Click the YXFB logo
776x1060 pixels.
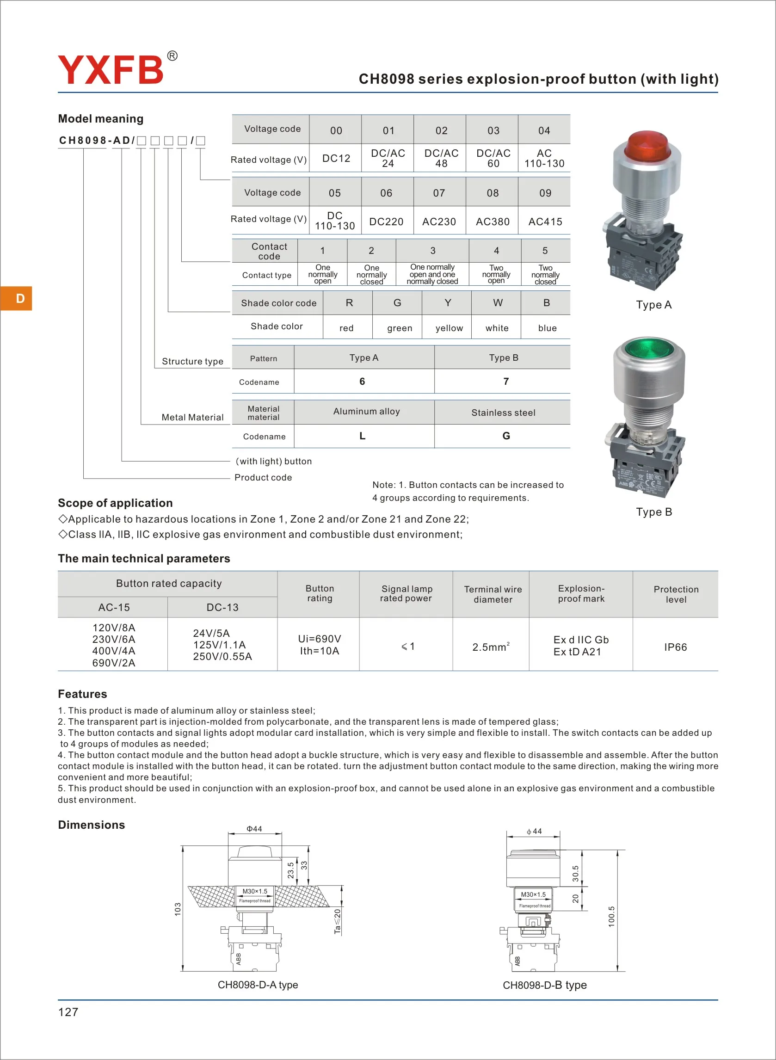111,70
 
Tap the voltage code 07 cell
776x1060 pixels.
439,193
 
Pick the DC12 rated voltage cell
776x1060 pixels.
336,158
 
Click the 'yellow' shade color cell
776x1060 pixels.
449,328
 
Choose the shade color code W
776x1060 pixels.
498,303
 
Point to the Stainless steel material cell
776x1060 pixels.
503,413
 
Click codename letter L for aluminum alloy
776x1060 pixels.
362,436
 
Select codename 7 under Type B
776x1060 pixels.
506,382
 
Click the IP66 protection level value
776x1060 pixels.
675,647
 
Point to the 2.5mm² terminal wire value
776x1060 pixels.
490,647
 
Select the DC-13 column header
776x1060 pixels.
222,607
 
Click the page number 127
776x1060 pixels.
68,1011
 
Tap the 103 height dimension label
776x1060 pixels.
178,909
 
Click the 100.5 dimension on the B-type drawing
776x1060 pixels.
611,916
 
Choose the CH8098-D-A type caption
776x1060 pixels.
258,985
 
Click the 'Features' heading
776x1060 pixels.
82,694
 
